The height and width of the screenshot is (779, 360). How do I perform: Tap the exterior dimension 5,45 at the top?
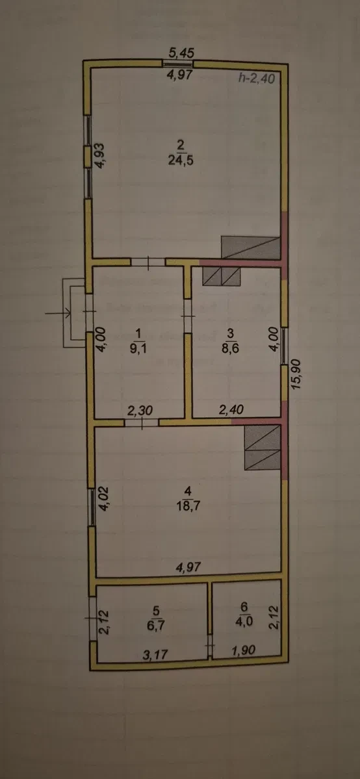(x=179, y=52)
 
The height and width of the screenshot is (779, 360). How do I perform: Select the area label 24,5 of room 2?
(x=181, y=161)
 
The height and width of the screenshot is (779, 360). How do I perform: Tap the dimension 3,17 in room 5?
(x=155, y=655)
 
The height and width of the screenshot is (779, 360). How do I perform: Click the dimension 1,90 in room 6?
(x=244, y=650)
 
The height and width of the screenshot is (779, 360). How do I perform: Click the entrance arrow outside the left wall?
(x=57, y=313)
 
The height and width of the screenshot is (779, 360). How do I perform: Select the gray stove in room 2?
(x=251, y=248)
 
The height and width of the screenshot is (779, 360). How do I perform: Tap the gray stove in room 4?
(x=263, y=448)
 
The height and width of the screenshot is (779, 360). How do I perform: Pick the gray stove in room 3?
(x=222, y=277)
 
